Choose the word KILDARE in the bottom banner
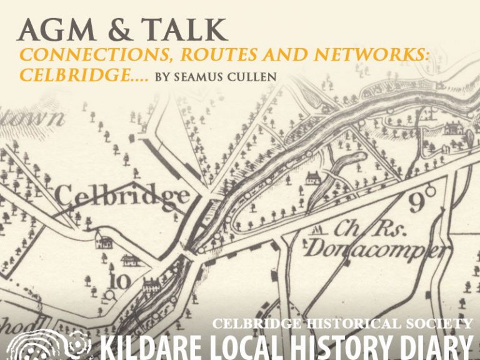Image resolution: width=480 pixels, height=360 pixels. [149, 347]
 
